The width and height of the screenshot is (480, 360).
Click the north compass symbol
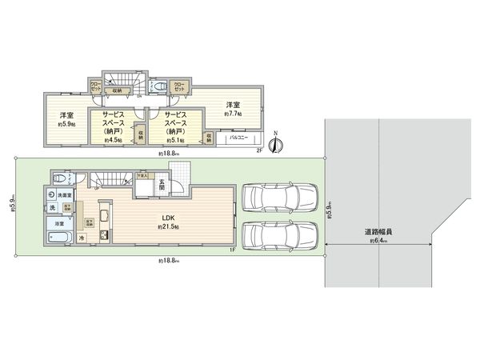pyautogui.click(x=275, y=143)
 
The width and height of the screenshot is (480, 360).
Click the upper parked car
pyautogui.click(x=281, y=197)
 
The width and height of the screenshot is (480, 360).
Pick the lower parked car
pyautogui.click(x=281, y=234)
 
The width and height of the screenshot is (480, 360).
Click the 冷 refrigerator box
pyautogui.click(x=82, y=238)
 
